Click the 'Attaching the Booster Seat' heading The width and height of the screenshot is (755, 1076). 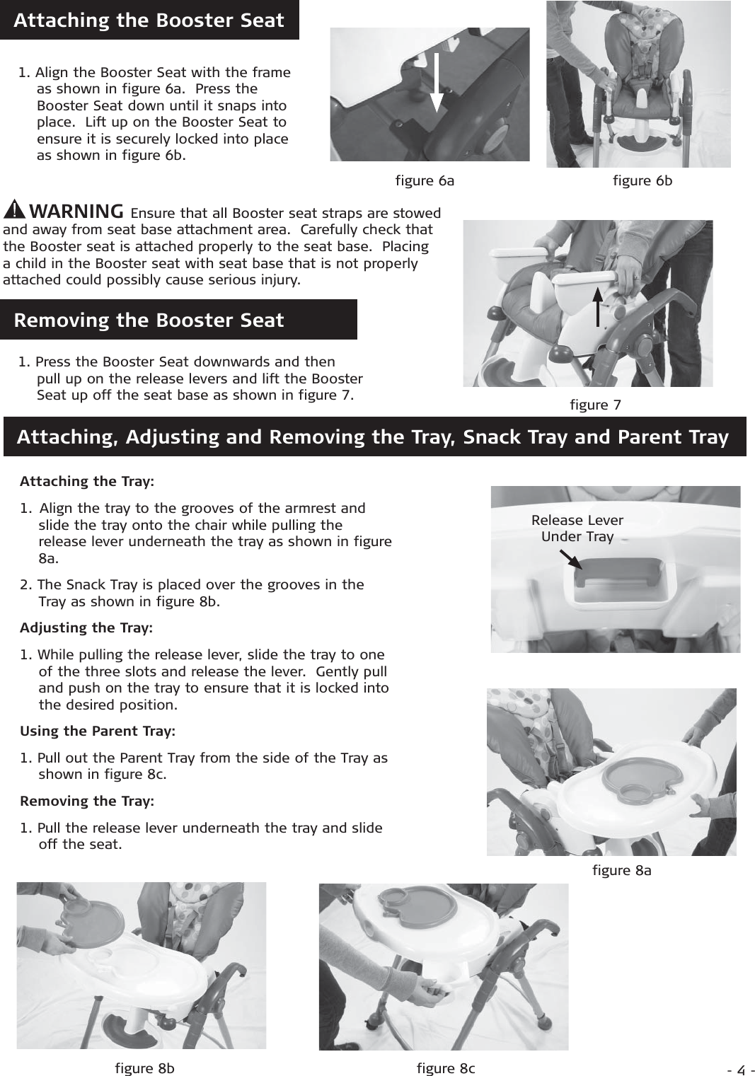click(x=149, y=21)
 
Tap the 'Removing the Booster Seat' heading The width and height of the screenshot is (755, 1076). click(x=149, y=320)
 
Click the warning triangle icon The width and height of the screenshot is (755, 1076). click(x=15, y=211)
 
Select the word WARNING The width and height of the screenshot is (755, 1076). click(x=79, y=211)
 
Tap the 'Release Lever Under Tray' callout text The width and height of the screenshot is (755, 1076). click(x=577, y=528)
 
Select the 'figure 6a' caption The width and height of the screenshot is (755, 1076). click(x=425, y=181)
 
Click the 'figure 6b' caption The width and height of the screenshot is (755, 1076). click(x=642, y=181)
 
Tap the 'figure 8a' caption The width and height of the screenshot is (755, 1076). click(x=621, y=871)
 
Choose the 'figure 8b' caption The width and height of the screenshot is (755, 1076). click(x=144, y=1068)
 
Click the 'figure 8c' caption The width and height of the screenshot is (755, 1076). click(x=446, y=1068)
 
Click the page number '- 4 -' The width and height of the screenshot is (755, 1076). click(x=742, y=1069)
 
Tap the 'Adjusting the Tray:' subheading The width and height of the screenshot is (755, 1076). click(x=86, y=628)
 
